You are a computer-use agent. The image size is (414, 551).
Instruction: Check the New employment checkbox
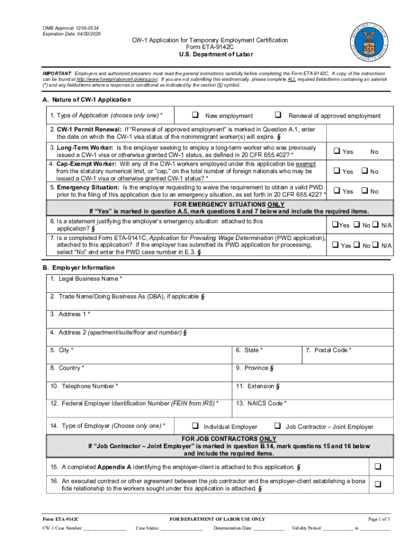[x=195, y=115]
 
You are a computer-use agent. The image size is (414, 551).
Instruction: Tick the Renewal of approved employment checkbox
[x=278, y=115]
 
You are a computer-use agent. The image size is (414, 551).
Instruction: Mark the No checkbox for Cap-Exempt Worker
[x=364, y=171]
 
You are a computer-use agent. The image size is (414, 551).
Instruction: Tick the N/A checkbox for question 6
[x=376, y=225]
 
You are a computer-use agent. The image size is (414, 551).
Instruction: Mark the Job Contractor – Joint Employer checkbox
[x=278, y=426]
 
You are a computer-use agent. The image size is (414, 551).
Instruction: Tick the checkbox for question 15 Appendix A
[x=377, y=466]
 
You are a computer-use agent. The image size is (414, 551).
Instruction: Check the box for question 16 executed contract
[x=377, y=484]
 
